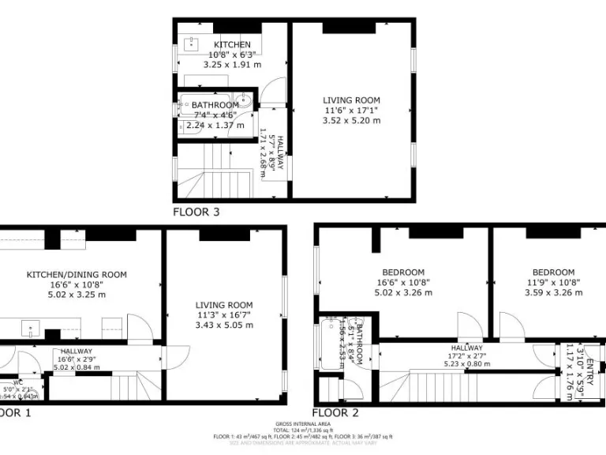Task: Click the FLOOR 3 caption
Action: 196,212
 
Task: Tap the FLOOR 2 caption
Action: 335,412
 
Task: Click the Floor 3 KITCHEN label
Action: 232,44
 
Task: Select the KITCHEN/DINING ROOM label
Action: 77,275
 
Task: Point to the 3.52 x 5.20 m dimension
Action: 351,121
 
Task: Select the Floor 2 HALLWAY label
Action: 467,348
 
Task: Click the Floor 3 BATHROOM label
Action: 215,105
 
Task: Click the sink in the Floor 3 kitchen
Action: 192,43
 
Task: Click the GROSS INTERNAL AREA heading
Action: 303,424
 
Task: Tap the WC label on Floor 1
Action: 17,382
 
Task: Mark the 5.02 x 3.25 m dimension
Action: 77,295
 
